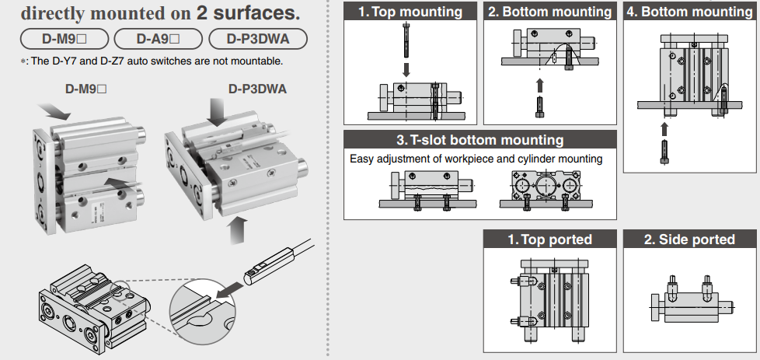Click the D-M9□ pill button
64,38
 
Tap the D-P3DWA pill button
256,38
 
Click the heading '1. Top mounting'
410,12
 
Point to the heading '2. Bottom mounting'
549,12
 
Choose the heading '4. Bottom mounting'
689,12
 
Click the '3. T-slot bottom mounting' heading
479,140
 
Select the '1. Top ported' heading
549,239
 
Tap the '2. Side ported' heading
689,239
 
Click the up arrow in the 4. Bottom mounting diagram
664,126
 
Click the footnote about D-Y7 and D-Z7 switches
152,61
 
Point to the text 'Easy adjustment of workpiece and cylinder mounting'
476,159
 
